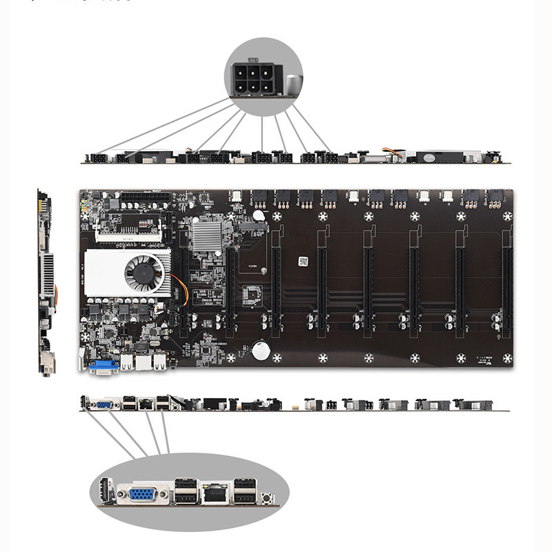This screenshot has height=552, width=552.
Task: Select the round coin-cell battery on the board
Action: pyautogui.click(x=260, y=351)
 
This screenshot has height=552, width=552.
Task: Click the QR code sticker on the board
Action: pyautogui.click(x=302, y=262)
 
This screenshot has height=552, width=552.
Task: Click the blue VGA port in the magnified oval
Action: pyautogui.click(x=141, y=495)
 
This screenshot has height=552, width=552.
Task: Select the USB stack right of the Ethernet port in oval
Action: pyautogui.click(x=242, y=492)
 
